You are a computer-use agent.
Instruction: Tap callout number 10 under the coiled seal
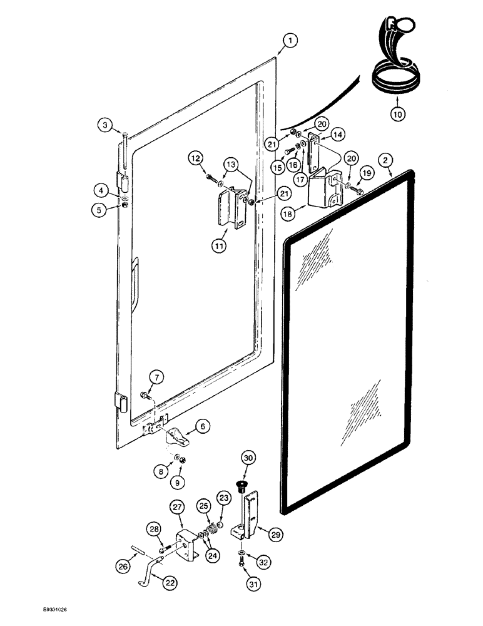pos(399,114)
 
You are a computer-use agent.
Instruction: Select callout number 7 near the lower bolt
pos(156,377)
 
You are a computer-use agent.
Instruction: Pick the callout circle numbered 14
pos(337,134)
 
